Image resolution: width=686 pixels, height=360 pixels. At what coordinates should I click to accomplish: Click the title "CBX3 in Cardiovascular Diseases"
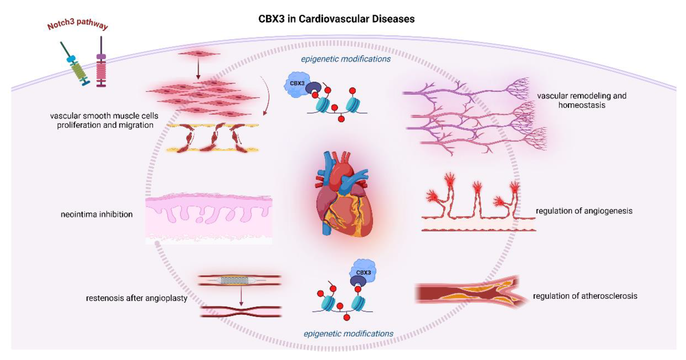point(336,19)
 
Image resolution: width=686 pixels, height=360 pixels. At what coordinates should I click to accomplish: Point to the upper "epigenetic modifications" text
point(346,59)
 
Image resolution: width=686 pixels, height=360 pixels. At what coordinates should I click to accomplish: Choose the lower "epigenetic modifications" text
point(348,334)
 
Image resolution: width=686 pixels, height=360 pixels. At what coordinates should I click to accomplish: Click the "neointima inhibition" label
point(97,214)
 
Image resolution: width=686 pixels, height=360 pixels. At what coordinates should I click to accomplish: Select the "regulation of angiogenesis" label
point(584,211)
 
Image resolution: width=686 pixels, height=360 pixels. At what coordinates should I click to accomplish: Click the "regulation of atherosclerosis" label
point(585,296)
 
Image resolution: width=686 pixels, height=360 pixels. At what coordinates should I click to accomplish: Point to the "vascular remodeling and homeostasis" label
point(582,100)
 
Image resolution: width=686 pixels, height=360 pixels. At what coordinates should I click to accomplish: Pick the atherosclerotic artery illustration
point(469,293)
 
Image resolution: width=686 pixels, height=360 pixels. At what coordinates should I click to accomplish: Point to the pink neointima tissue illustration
point(209,216)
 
